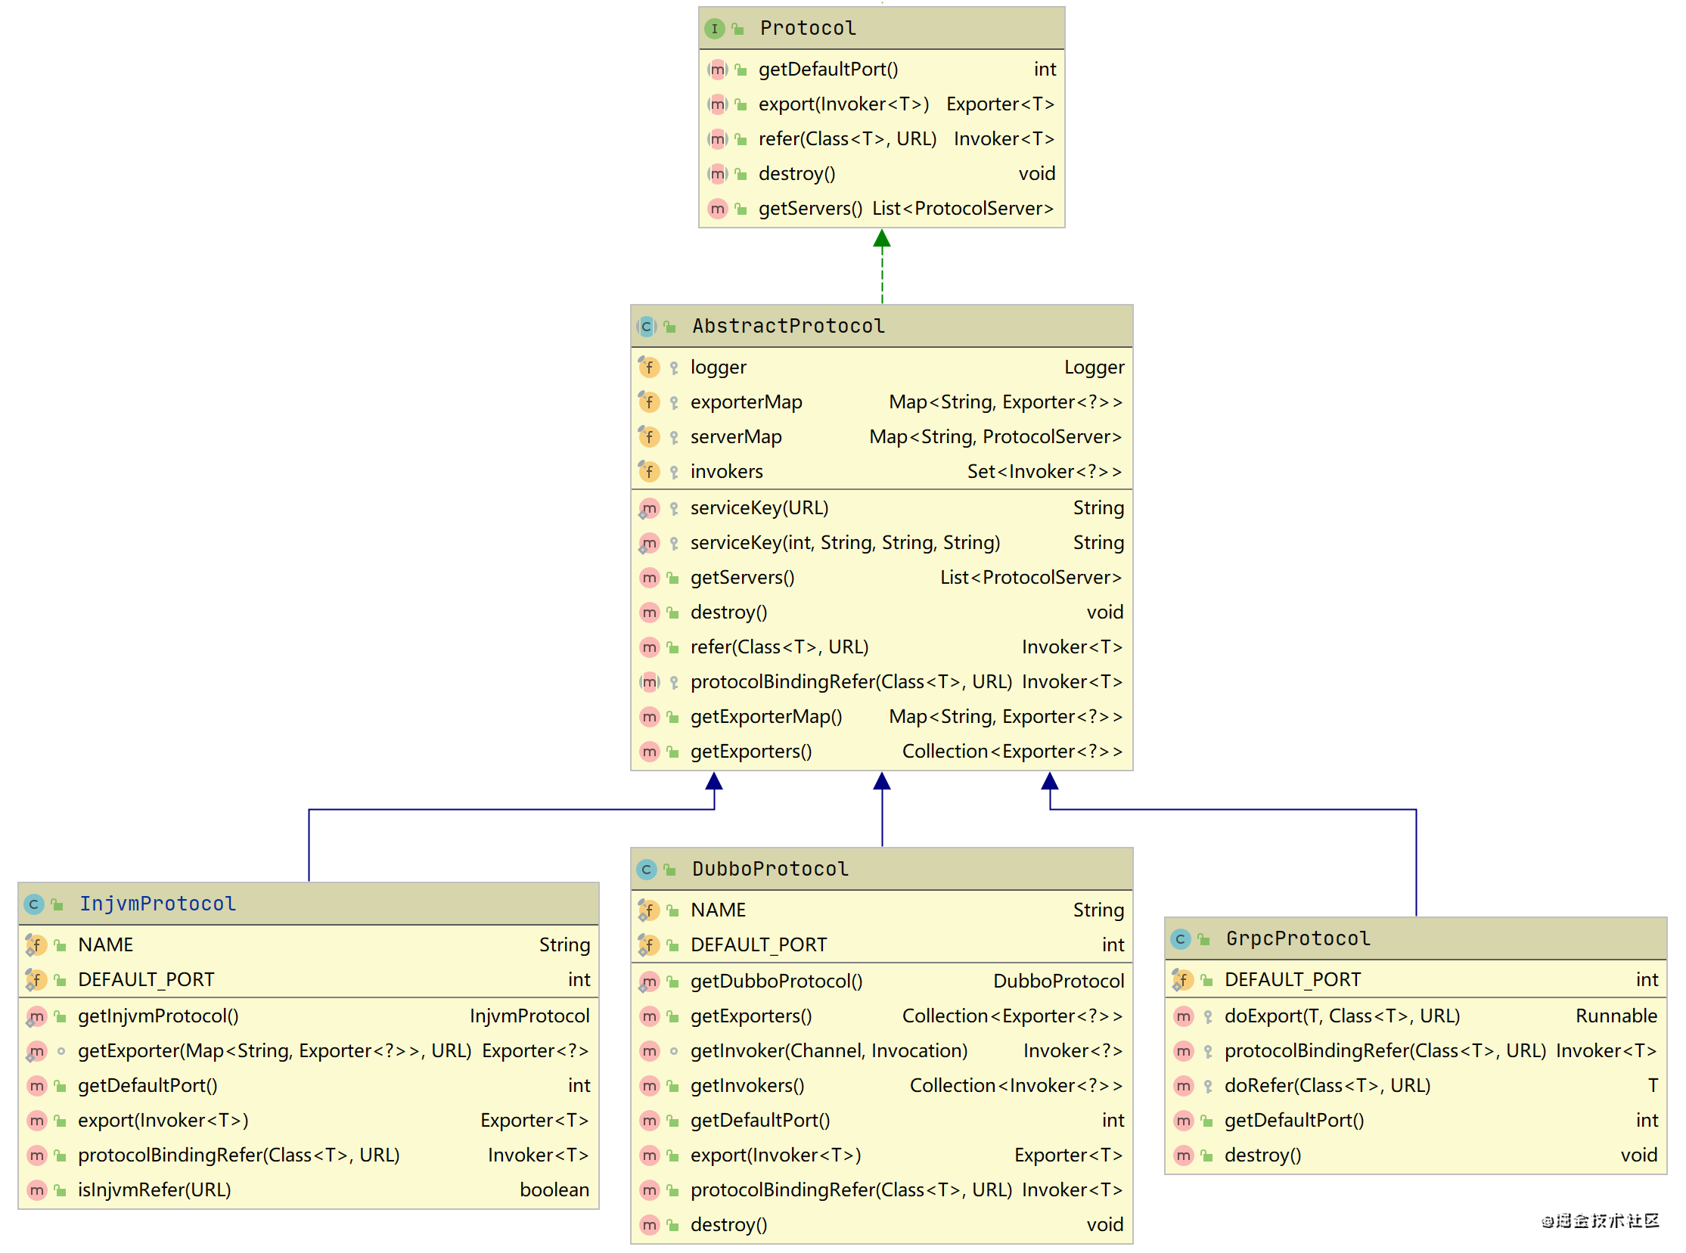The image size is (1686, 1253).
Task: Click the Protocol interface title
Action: (x=807, y=28)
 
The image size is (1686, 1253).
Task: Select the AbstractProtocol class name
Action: (x=788, y=326)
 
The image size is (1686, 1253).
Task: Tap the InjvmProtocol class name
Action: (x=158, y=904)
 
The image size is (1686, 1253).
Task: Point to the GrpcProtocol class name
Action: (x=1298, y=938)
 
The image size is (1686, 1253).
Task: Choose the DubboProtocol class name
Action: (x=770, y=868)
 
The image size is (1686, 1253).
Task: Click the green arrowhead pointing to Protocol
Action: (x=882, y=239)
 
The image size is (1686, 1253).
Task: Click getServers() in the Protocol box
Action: (x=810, y=209)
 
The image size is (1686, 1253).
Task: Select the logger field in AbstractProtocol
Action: (x=718, y=368)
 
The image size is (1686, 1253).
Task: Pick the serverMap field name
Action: (x=736, y=437)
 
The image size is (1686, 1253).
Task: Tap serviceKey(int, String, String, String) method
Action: (x=846, y=543)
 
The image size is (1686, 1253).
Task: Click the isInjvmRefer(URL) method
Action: (x=154, y=1190)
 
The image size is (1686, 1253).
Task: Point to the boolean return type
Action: (x=554, y=1190)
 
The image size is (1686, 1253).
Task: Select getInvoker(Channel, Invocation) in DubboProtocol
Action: (x=828, y=1051)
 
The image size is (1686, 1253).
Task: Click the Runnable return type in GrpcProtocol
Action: (x=1616, y=1016)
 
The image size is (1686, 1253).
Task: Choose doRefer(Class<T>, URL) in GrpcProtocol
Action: (x=1327, y=1086)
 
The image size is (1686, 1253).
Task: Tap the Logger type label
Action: (x=1095, y=368)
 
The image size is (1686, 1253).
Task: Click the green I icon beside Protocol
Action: (x=714, y=29)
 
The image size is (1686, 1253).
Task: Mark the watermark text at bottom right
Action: (x=1601, y=1220)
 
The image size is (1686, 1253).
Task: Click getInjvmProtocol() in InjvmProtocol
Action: (x=158, y=1016)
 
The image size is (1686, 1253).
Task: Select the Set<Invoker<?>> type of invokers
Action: (x=1045, y=472)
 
